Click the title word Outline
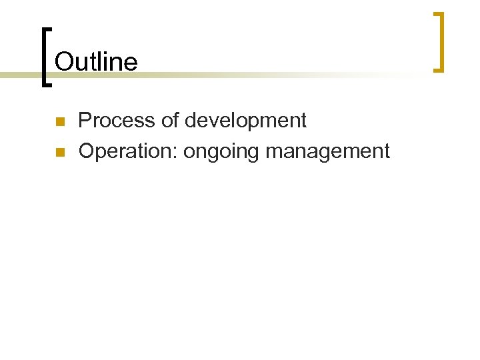point(96,61)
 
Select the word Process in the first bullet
point(117,121)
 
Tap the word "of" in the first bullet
point(170,121)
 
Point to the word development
point(245,121)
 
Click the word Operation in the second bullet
point(126,151)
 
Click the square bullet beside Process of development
point(59,122)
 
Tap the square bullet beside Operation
point(59,153)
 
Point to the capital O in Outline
point(63,61)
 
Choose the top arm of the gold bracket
point(437,14)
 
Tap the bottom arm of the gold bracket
point(437,69)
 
